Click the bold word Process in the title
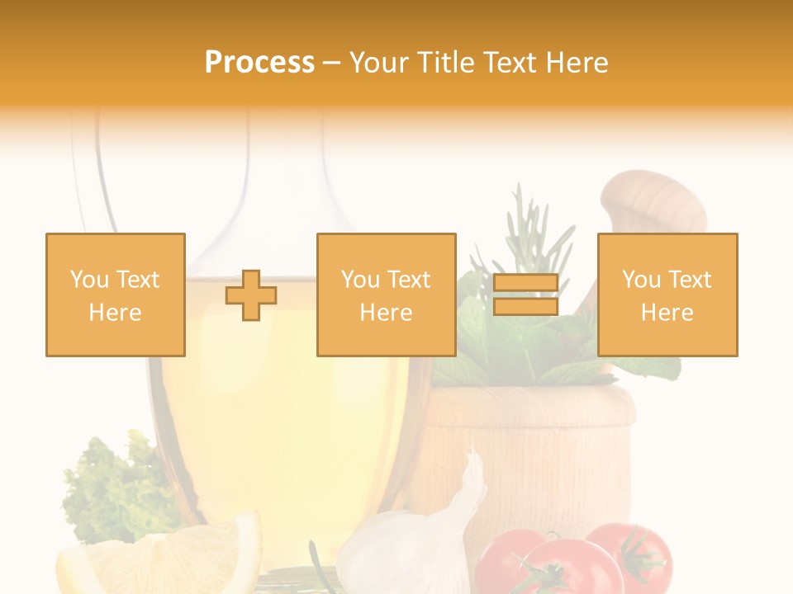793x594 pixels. (259, 63)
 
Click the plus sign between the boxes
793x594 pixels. (251, 295)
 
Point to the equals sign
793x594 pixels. (525, 295)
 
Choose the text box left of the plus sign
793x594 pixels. (116, 295)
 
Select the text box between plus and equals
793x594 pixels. (386, 295)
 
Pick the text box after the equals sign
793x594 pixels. (667, 295)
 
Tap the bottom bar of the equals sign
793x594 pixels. (525, 306)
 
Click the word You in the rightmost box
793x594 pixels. (639, 280)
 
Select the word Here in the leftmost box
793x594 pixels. (116, 313)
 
